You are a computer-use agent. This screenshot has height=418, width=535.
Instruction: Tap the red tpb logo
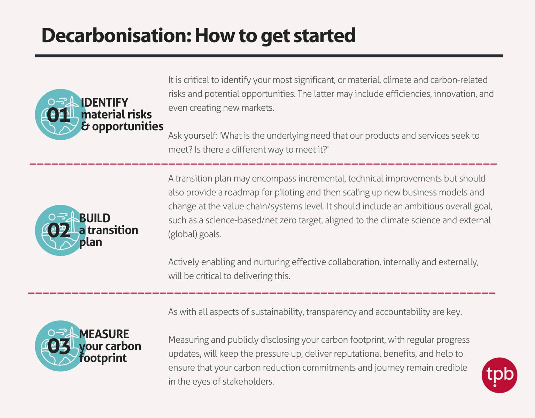[x=499, y=375]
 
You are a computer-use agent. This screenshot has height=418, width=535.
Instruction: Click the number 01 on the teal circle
[x=58, y=115]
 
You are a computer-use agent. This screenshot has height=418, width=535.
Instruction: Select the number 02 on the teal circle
[x=59, y=230]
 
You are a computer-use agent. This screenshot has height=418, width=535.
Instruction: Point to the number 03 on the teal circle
[x=59, y=346]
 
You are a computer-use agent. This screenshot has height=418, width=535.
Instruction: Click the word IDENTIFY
[x=104, y=102]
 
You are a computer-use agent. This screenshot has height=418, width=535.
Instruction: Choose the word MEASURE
[x=104, y=334]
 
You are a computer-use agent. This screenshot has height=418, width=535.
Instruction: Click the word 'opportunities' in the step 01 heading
[x=127, y=126]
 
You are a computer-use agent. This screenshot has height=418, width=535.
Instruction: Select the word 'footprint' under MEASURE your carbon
[x=103, y=358]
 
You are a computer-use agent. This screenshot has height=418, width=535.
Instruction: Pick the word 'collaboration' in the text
[x=353, y=262]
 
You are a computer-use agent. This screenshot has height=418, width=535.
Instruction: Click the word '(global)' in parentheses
[x=183, y=234]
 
